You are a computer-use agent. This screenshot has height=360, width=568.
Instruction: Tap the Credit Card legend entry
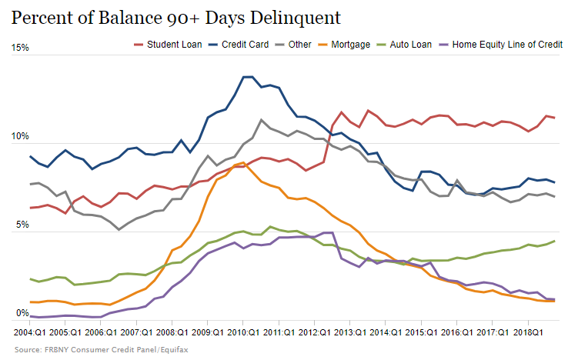[x=239, y=45]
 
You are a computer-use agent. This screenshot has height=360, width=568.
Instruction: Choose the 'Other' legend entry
[x=295, y=45]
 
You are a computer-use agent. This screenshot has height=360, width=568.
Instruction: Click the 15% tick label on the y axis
[x=20, y=48]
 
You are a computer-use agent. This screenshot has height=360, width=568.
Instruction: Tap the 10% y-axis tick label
[x=20, y=137]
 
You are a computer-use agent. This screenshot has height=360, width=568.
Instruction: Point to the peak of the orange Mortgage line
[x=242, y=162]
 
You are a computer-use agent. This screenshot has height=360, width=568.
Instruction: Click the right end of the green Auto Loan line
[x=554, y=241]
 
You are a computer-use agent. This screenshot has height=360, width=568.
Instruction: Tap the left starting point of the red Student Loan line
[x=31, y=208]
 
